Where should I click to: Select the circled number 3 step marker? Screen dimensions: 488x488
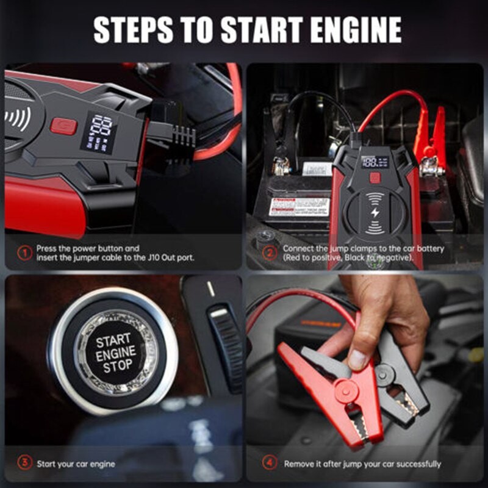(x=23, y=464)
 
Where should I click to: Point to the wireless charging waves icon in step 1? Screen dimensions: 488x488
(x=16, y=118)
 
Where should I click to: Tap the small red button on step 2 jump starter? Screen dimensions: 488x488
(x=374, y=178)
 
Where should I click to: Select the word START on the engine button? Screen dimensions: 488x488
(x=113, y=340)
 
